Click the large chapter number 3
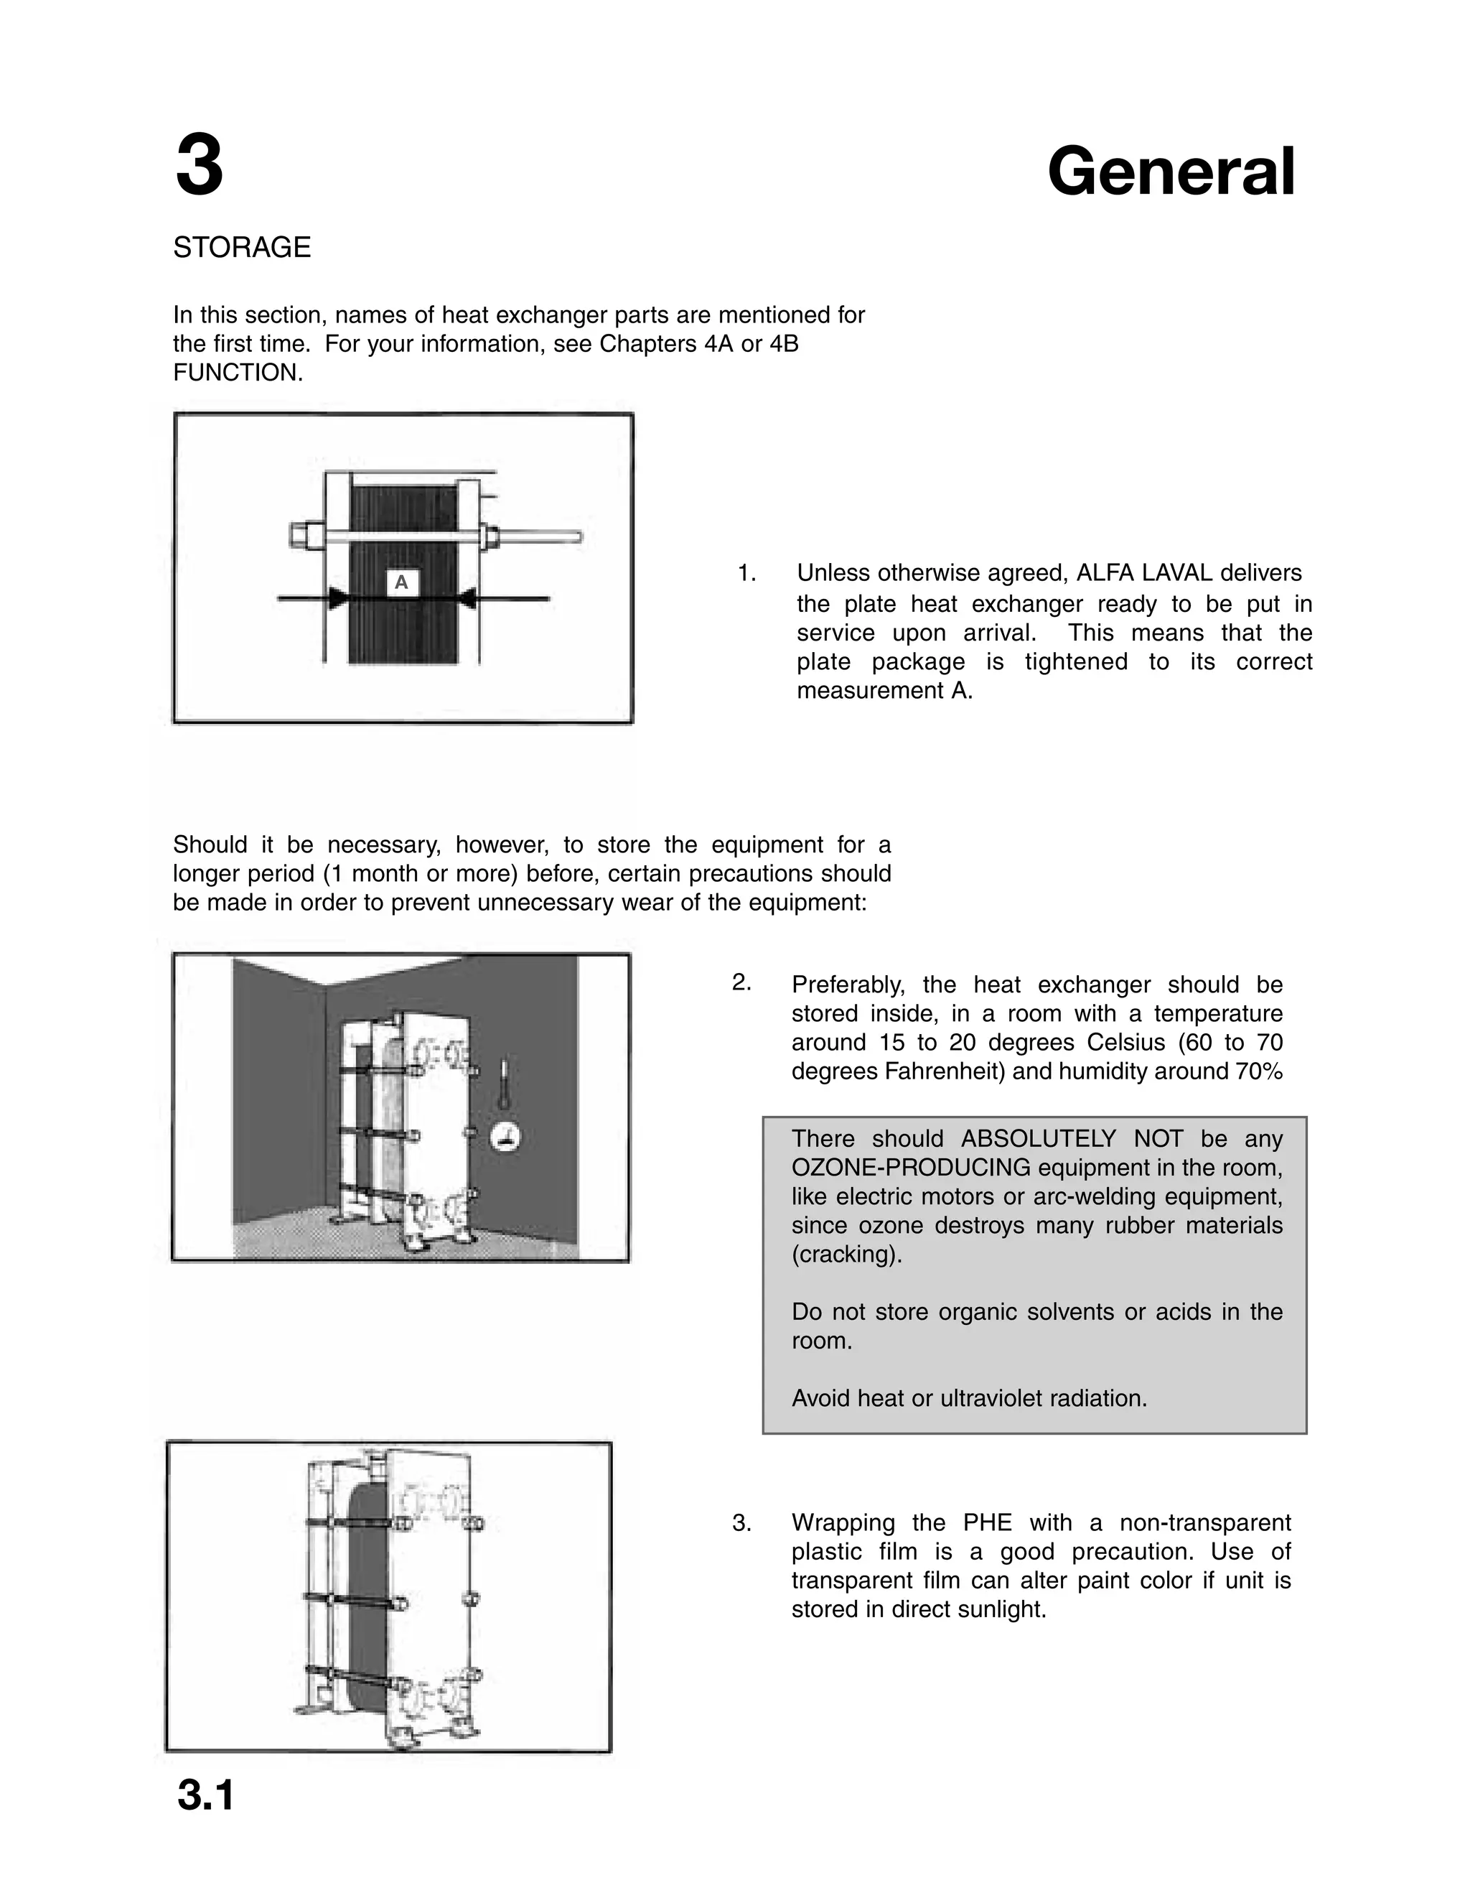point(200,167)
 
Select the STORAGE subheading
point(241,248)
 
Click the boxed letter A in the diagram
point(401,583)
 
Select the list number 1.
point(746,573)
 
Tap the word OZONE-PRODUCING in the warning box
point(911,1168)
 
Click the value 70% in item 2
point(1258,1071)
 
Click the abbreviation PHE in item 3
point(988,1523)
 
